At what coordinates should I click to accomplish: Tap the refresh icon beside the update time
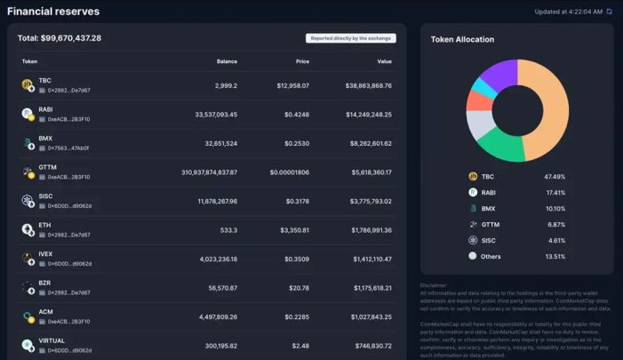(609, 12)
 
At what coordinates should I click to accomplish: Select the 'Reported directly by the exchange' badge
(351, 38)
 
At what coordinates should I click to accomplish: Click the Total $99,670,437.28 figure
(60, 38)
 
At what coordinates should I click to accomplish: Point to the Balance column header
(227, 61)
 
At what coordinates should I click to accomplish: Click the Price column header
(302, 61)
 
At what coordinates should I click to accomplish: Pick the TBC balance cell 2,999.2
(226, 85)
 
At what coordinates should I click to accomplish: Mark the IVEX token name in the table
(45, 254)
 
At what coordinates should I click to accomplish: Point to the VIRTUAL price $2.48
(299, 345)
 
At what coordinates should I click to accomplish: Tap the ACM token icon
(27, 316)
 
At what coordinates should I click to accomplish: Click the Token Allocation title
(462, 39)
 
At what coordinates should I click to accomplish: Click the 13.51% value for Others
(555, 256)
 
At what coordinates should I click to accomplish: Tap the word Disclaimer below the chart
(435, 285)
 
